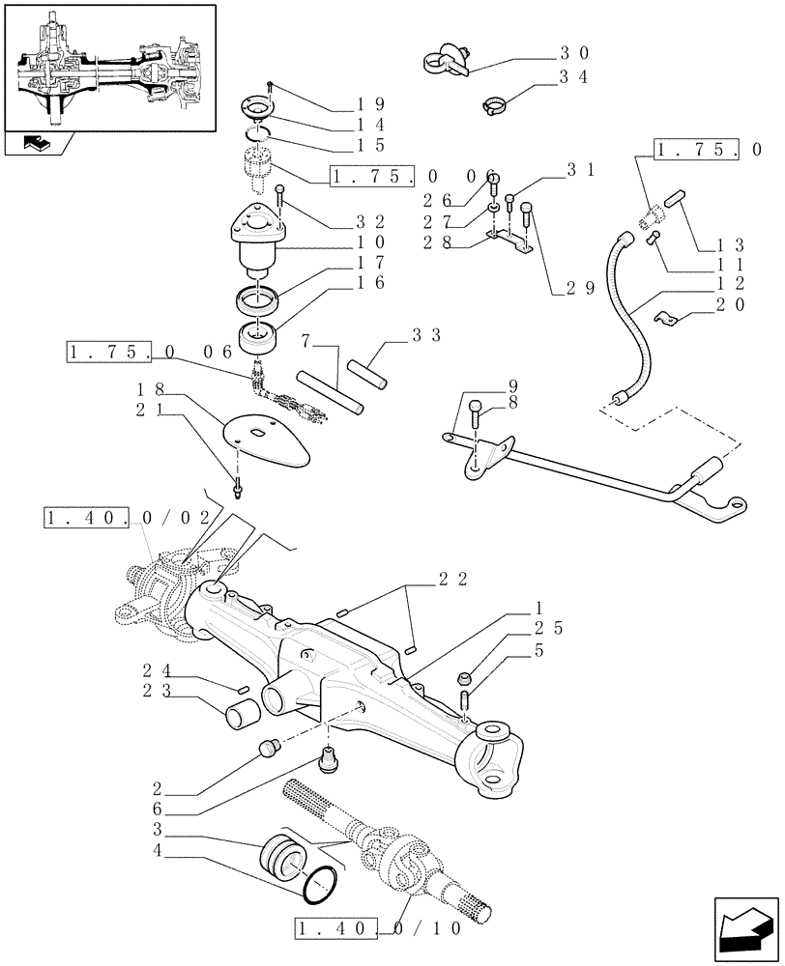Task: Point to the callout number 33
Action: pos(426,335)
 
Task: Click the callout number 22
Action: pos(453,579)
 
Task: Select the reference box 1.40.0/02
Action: pos(127,519)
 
